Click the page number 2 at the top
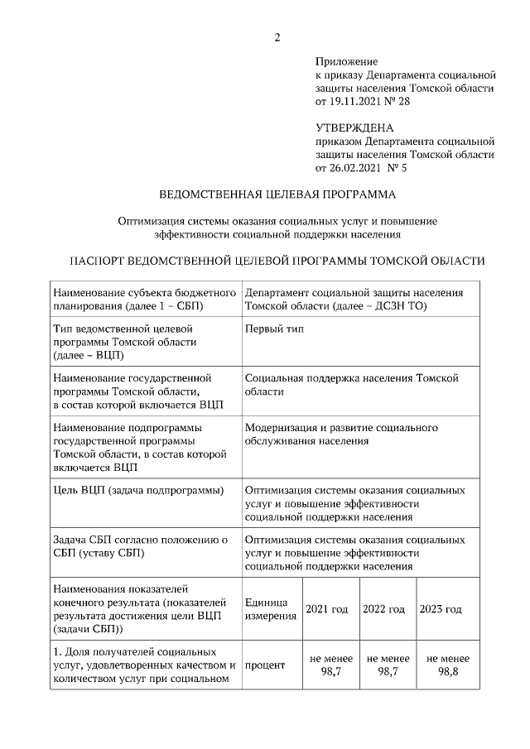point(277,36)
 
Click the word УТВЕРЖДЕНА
point(354,128)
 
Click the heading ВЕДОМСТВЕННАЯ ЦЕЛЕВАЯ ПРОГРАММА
point(277,195)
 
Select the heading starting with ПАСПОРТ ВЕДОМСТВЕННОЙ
point(277,260)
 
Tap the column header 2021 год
point(327,609)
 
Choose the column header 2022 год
point(383,609)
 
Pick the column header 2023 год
point(441,609)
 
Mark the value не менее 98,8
point(447,665)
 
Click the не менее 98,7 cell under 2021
point(331,665)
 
